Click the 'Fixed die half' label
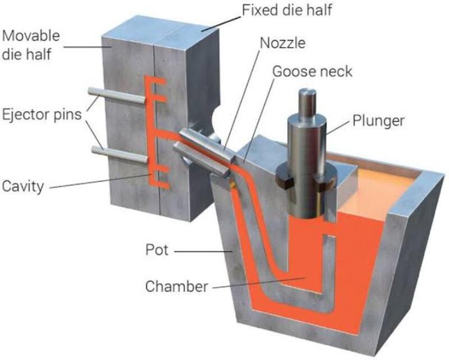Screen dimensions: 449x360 pyautogui.click(x=287, y=10)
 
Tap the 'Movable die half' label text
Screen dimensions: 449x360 pyautogui.click(x=31, y=45)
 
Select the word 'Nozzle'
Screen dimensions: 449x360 pyautogui.click(x=283, y=43)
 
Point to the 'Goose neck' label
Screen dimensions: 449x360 pyautogui.click(x=312, y=71)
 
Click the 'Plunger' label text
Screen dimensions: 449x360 pyautogui.click(x=378, y=121)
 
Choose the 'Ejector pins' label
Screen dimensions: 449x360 pyautogui.click(x=42, y=115)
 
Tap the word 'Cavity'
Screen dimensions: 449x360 pyautogui.click(x=23, y=186)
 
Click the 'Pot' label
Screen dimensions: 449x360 pyautogui.click(x=157, y=250)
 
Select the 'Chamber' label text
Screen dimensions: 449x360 pyautogui.click(x=176, y=286)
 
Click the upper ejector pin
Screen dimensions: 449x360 pyautogui.click(x=117, y=95)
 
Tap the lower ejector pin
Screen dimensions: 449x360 pyautogui.click(x=120, y=154)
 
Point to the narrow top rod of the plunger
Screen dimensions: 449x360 pyautogui.click(x=307, y=102)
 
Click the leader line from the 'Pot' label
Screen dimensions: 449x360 pyautogui.click(x=203, y=252)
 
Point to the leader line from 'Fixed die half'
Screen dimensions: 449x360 pyautogui.click(x=221, y=24)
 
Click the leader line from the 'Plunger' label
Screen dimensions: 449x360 pyautogui.click(x=338, y=127)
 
